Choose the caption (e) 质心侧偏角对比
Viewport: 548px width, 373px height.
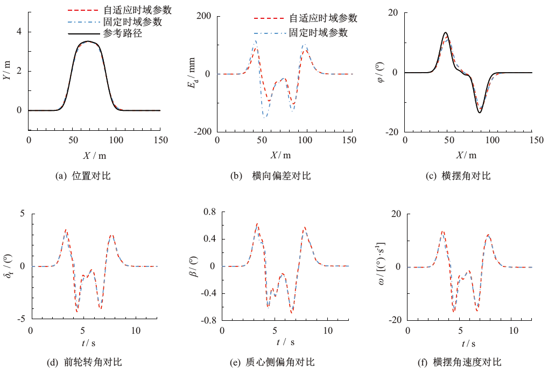[272, 362]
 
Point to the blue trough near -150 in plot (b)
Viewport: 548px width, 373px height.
[265, 117]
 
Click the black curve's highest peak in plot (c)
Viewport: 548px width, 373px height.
[445, 32]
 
